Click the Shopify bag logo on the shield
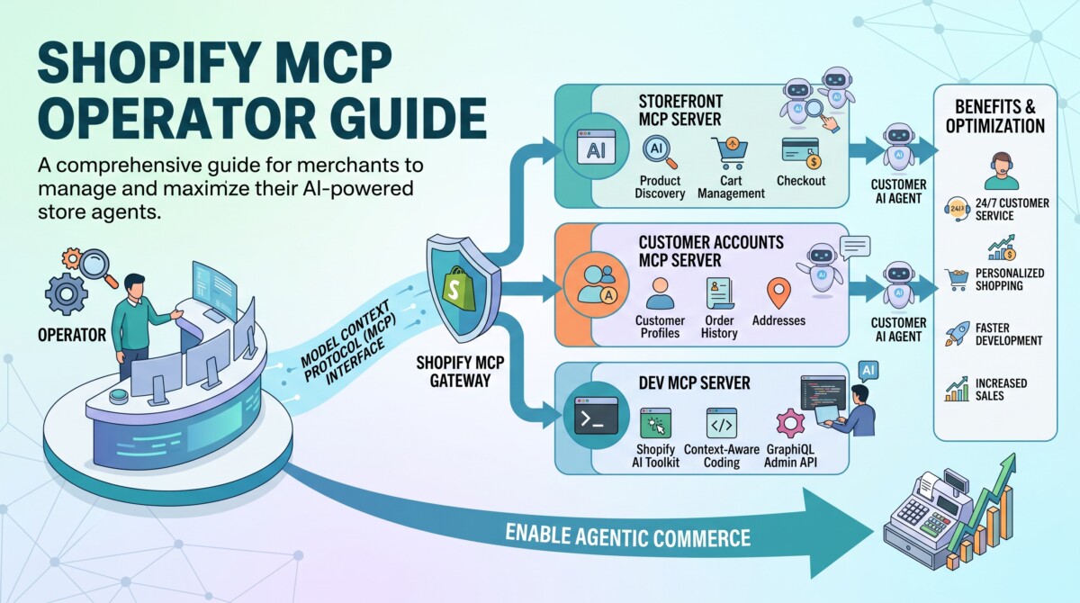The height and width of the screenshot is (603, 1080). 457,288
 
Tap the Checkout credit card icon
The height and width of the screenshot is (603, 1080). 801,153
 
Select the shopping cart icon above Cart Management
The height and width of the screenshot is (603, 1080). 731,153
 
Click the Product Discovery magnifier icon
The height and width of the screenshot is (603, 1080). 660,152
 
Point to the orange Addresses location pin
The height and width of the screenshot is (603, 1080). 778,292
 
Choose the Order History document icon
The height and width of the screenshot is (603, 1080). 720,293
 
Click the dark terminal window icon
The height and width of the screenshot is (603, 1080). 596,415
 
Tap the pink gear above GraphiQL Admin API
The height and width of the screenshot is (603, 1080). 791,423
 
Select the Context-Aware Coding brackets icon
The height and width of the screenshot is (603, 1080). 721,423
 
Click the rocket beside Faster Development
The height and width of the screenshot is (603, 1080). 958,334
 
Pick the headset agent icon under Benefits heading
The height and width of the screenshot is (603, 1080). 1002,171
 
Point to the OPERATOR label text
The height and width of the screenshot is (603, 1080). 72,335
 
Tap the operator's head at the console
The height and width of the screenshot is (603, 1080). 136,285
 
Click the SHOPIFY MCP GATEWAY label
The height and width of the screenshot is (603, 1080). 460,372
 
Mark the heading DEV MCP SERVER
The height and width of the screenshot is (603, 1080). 694,383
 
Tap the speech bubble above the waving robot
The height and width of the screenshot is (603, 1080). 855,247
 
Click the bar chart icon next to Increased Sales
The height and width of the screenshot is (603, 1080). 957,389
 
